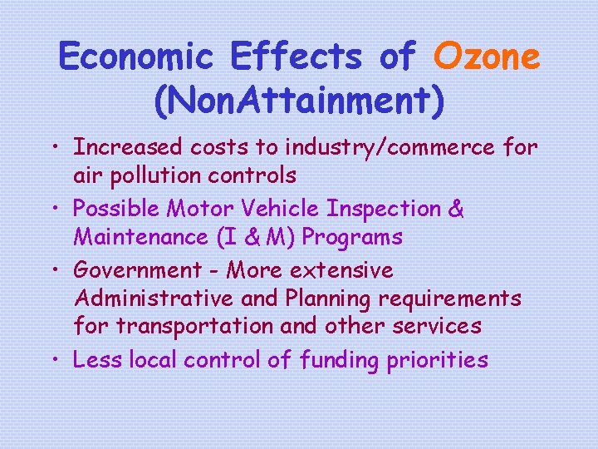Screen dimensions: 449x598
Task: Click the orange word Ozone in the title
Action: (x=487, y=57)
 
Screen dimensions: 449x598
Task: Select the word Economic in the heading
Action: (x=135, y=57)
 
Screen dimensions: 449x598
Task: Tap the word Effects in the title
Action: (x=296, y=57)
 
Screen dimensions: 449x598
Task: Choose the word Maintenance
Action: (x=132, y=237)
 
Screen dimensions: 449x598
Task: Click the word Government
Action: (x=137, y=269)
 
